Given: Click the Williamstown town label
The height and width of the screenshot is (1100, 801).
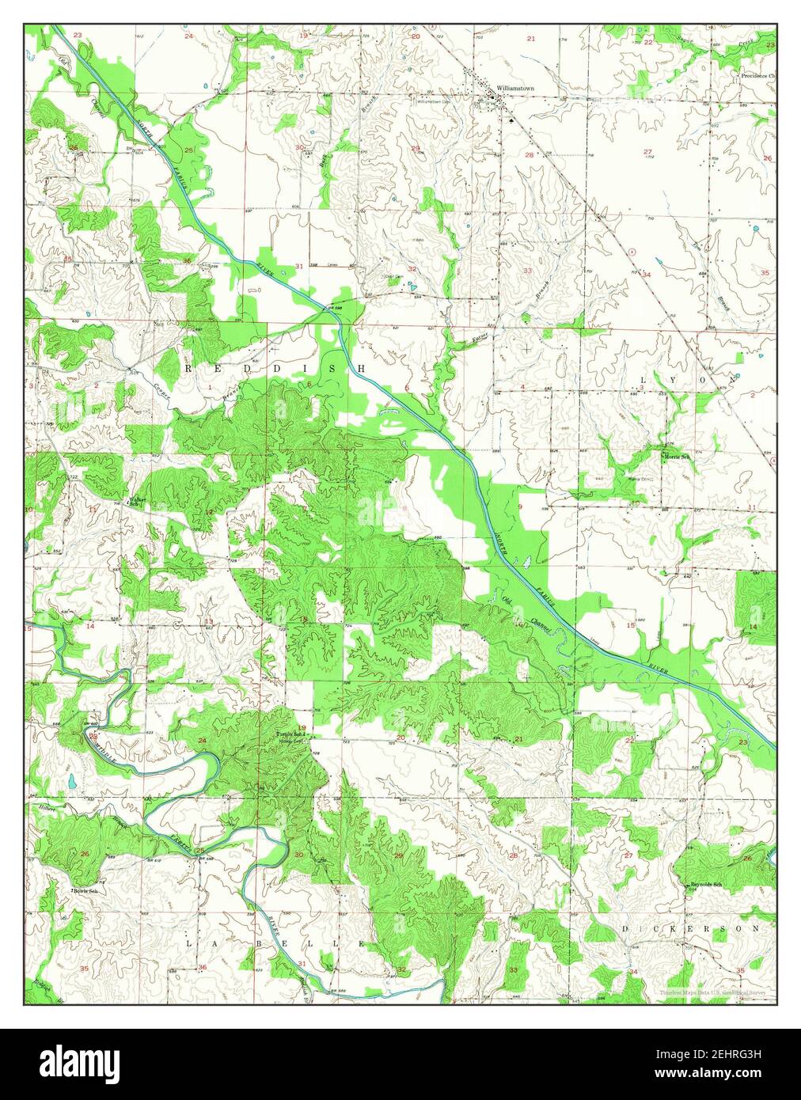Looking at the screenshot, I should click(515, 88).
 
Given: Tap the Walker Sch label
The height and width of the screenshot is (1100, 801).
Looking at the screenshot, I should click(136, 501).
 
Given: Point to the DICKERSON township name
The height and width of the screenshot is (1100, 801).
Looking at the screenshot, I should click(694, 927).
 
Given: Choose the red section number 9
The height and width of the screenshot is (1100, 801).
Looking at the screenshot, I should click(520, 506).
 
